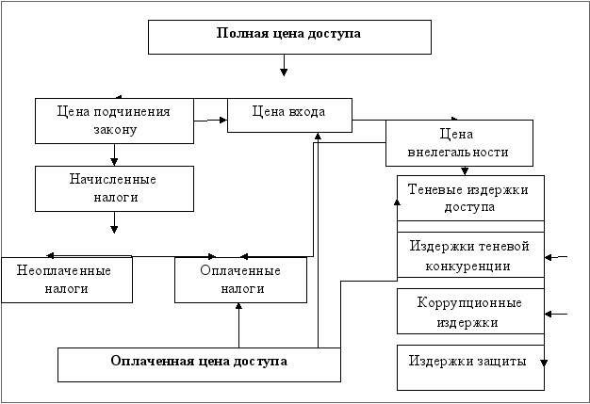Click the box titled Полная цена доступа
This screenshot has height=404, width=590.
pyautogui.click(x=289, y=36)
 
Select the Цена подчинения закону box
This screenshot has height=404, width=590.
pyautogui.click(x=114, y=120)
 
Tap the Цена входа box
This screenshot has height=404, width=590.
pyautogui.click(x=289, y=114)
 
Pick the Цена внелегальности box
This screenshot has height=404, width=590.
pyautogui.click(x=459, y=143)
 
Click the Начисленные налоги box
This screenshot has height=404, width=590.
pyautogui.click(x=114, y=188)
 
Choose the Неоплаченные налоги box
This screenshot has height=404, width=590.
pyautogui.click(x=65, y=280)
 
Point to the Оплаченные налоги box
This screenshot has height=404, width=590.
pyautogui.click(x=240, y=280)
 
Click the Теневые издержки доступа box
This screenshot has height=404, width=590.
pyautogui.click(x=469, y=198)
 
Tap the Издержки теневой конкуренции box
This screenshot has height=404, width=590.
pyautogui.click(x=469, y=255)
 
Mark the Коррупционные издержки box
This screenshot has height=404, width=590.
pyautogui.click(x=469, y=312)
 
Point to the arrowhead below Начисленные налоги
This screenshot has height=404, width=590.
pyautogui.click(x=114, y=227)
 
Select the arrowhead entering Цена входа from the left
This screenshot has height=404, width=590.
pyautogui.click(x=222, y=120)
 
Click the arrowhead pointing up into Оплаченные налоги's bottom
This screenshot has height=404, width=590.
pyautogui.click(x=239, y=307)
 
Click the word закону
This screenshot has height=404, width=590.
pyautogui.click(x=115, y=130)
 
